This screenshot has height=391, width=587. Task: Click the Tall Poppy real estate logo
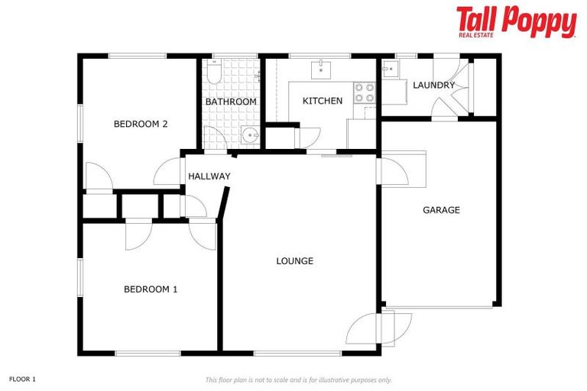coord(516,21)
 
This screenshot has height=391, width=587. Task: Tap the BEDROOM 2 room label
coord(141,124)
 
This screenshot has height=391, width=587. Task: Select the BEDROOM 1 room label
coord(151,289)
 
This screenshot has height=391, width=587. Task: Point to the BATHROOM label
coord(231,102)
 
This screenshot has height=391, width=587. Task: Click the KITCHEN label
coord(323,102)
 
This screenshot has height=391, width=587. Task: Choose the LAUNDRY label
coord(433,85)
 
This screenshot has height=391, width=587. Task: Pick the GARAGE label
coord(441,210)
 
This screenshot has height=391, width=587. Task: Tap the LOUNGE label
coord(294,261)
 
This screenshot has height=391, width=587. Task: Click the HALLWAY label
coord(209,176)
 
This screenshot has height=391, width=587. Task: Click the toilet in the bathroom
coord(214,73)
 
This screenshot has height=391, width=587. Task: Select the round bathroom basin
coord(249,137)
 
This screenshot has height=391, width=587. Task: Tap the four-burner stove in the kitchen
coord(364,92)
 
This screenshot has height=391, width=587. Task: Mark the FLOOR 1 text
coord(22,379)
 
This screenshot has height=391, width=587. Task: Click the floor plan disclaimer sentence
coord(298,380)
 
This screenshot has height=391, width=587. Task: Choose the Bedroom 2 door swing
coord(99,178)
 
